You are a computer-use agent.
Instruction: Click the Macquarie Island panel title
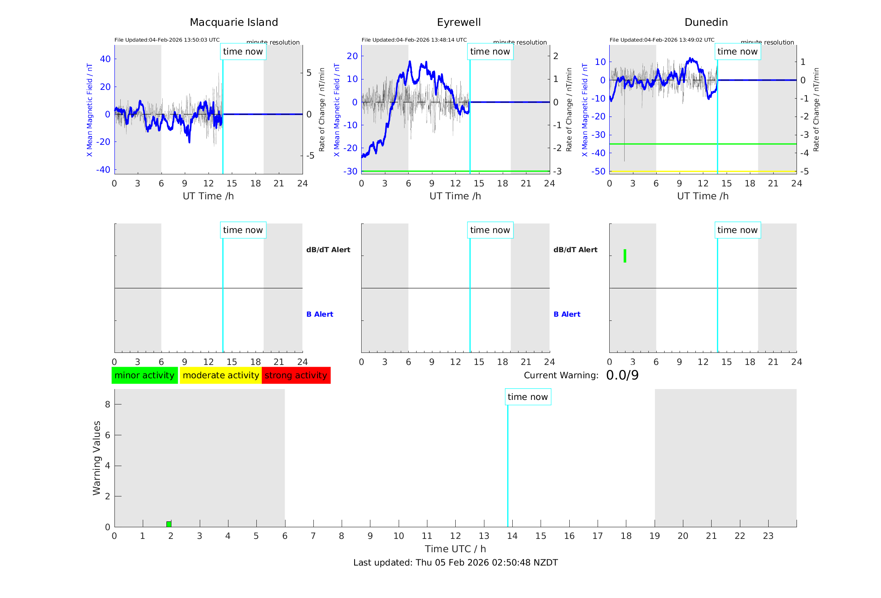coord(233,22)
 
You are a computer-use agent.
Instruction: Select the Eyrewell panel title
coord(459,22)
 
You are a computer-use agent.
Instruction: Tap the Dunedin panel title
coord(706,22)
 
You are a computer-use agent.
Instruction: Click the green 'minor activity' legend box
coord(144,375)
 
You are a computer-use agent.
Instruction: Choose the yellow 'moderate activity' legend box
coord(221,375)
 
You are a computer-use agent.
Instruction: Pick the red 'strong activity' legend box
coord(296,375)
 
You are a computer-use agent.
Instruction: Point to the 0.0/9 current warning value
coord(622,375)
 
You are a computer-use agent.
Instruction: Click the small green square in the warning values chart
coord(169,524)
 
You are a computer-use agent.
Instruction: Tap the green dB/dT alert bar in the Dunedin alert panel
coord(625,256)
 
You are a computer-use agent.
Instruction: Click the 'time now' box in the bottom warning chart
coord(528,397)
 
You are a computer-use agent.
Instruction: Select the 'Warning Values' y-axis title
coord(97,458)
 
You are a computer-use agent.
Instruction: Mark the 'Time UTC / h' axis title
coord(455,549)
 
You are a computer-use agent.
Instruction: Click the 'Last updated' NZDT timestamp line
coord(455,563)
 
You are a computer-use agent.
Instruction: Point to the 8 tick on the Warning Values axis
coord(107,404)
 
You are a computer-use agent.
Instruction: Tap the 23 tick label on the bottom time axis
coord(768,536)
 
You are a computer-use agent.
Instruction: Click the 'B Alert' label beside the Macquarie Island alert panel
coord(320,314)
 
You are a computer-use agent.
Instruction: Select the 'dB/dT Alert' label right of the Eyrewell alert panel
coord(575,250)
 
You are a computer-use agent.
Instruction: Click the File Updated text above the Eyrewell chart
coord(414,40)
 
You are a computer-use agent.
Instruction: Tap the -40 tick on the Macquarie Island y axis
coord(104,170)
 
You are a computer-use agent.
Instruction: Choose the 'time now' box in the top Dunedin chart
coord(737,52)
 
